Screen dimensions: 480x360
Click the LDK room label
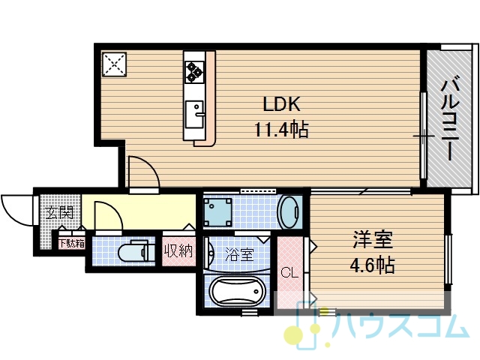(281, 104)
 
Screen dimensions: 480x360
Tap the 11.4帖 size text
(281, 130)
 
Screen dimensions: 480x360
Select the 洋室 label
(373, 240)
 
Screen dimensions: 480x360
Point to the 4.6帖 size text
(373, 265)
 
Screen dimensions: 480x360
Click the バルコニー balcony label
(450, 120)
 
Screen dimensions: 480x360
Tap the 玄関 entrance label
(60, 212)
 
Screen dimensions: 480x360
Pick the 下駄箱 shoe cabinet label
(72, 243)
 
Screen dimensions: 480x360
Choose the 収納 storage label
(178, 251)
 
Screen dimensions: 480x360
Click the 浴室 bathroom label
(239, 254)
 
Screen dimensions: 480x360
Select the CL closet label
(289, 272)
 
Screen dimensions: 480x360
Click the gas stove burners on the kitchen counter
(194, 71)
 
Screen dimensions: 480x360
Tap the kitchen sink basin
(194, 114)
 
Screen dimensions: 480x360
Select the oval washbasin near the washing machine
(289, 212)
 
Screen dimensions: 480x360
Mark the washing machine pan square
(217, 212)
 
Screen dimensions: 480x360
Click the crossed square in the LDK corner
(115, 64)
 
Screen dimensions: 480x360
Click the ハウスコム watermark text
(400, 327)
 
